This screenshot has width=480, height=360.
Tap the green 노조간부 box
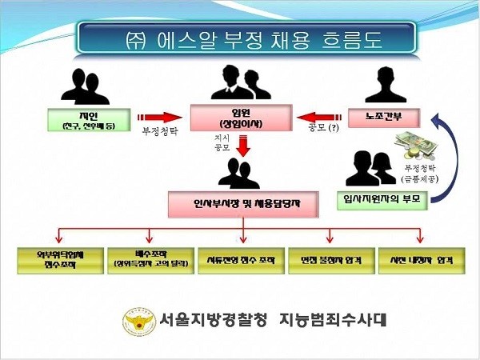(x=382, y=117)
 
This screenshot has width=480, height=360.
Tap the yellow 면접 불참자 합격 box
(x=331, y=261)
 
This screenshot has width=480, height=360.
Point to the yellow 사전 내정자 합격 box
(x=421, y=261)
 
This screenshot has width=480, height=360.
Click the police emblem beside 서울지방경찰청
(x=136, y=321)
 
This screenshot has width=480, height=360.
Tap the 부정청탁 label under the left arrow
(x=159, y=130)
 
